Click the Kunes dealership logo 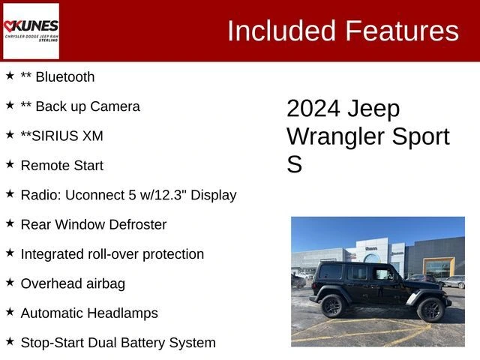coord(31,31)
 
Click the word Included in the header coord(282,31)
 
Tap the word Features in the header coord(401,31)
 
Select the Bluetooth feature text coord(64,77)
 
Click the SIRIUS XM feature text coord(62,136)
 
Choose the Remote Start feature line coord(62,165)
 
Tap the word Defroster coord(135,224)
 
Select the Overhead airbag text coord(73,283)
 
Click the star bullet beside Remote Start coord(10,164)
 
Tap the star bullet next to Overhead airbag coord(10,283)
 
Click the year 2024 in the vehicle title coord(313,109)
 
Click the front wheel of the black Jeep coord(431,309)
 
